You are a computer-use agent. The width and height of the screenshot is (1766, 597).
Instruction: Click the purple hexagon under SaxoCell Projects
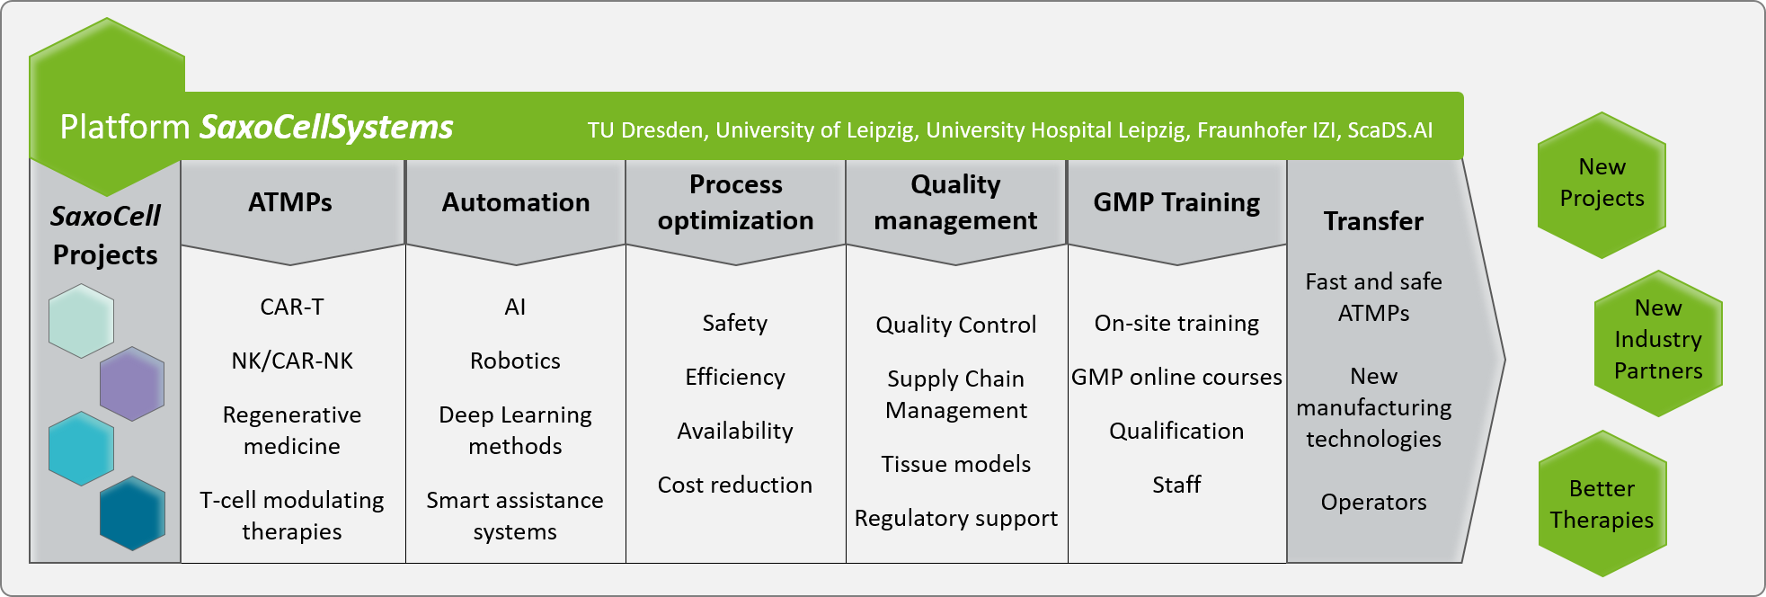pos(132,384)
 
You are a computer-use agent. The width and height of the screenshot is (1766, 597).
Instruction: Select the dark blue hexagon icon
pos(132,513)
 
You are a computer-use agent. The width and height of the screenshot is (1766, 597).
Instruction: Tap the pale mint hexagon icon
pos(81,321)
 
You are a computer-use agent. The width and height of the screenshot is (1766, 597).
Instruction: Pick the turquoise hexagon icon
pos(81,449)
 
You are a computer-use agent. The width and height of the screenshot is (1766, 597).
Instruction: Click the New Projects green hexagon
pos(1602,185)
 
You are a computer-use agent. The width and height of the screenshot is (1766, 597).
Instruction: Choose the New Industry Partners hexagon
pos(1658,343)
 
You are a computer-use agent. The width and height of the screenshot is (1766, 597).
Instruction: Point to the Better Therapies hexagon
pos(1602,503)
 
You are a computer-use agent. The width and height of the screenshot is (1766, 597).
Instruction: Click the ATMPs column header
pos(290,202)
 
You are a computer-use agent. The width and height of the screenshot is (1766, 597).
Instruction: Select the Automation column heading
pos(516,202)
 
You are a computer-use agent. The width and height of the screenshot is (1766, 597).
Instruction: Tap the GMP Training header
pos(1176,202)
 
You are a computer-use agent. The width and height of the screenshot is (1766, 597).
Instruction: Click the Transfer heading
pos(1373,221)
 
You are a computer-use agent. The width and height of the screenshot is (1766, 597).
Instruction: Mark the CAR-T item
pos(292,307)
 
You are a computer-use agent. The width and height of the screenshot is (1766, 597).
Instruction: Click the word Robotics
pos(515,361)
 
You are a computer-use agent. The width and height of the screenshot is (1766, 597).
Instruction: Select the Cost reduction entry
pos(735,485)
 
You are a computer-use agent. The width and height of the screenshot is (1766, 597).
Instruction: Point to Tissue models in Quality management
pos(956,464)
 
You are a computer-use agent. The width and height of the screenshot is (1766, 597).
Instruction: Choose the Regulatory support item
pos(956,519)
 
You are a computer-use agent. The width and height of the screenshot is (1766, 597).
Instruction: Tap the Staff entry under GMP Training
pos(1176,485)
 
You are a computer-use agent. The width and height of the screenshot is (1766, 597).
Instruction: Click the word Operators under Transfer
pos(1373,502)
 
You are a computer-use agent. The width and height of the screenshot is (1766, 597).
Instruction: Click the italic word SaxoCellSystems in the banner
pos(326,127)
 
